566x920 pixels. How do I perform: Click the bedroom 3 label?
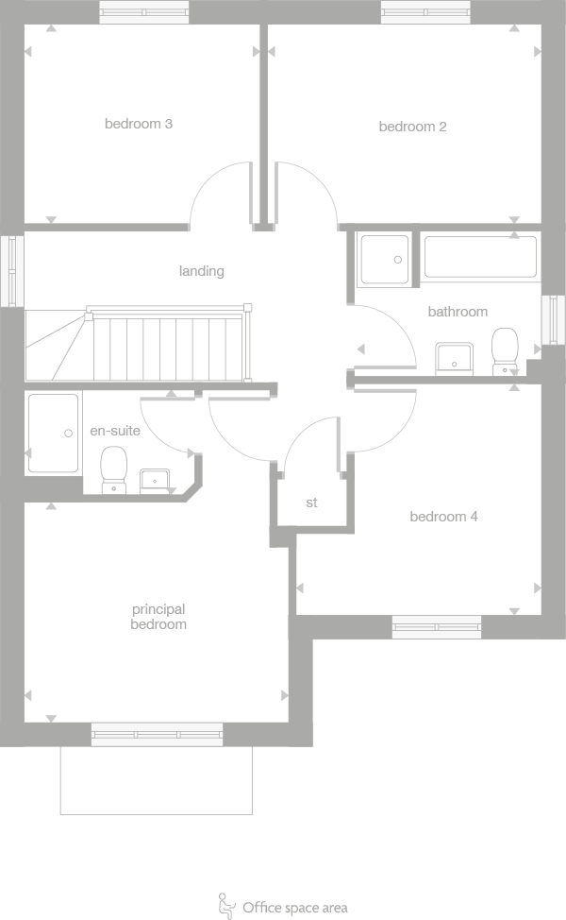point(138,124)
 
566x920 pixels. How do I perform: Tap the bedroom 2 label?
point(412,127)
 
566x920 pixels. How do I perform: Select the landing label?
point(202,271)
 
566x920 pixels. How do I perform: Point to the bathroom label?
point(458,311)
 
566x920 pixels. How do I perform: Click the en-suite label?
point(115,430)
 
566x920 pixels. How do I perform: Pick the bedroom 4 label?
point(443,517)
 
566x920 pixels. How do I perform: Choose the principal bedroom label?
point(158,617)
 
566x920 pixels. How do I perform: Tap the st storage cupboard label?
point(311,503)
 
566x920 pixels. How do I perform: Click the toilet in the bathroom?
point(506,350)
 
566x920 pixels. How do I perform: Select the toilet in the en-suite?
point(114,469)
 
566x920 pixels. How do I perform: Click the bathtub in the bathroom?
point(480,257)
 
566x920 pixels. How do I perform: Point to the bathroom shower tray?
point(384,258)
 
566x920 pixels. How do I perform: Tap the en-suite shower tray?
point(53,433)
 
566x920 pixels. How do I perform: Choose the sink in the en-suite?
point(155,480)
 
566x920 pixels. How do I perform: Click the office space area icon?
point(227,905)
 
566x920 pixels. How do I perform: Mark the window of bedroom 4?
point(436,626)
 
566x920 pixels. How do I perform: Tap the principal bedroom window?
point(157,734)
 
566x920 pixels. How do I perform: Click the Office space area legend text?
point(294,908)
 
